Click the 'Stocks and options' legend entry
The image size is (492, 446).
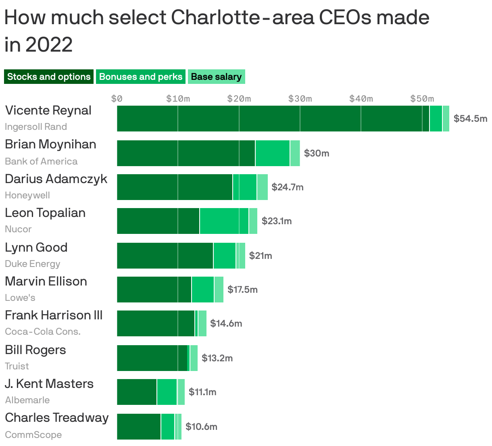coord(49,77)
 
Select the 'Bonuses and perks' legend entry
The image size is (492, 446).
coord(141,77)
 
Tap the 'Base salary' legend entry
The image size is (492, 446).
coord(216,77)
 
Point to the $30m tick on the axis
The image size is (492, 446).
coord(300,99)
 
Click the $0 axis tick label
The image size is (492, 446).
coord(117,99)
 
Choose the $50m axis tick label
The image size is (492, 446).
coord(422,99)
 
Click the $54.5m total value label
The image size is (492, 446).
coord(470,119)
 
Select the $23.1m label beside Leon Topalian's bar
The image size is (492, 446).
coord(277,221)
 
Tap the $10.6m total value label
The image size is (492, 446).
coord(201,427)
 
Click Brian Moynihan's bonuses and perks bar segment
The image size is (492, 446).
coord(272,153)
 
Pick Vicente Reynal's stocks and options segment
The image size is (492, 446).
coord(273,119)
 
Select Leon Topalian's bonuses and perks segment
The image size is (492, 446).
coord(224,221)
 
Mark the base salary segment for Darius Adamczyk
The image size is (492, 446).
coord(262,187)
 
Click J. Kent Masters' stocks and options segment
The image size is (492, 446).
coord(137,392)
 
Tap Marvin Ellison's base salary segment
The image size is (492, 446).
coord(219,290)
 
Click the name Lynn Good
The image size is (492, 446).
coord(36,247)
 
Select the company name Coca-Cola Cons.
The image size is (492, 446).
coord(43,331)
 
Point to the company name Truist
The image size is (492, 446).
coord(17,366)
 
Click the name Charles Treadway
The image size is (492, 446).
coord(57,418)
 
